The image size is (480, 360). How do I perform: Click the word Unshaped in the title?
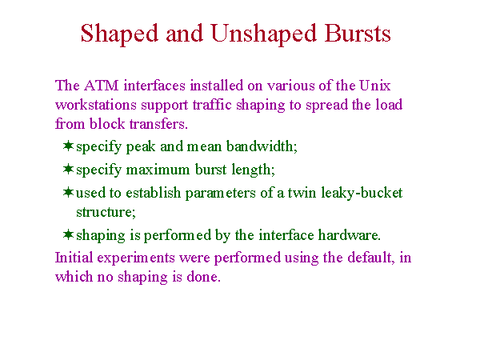point(263,34)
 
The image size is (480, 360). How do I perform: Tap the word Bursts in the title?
point(358,33)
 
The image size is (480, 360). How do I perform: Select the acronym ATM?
point(102,86)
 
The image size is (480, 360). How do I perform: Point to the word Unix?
point(374,86)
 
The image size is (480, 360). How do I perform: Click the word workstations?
point(96,105)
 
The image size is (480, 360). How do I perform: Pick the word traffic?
point(212,105)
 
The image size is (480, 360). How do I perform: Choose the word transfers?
point(158,124)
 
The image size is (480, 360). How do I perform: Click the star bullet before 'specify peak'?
point(68,146)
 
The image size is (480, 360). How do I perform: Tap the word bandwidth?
point(262,146)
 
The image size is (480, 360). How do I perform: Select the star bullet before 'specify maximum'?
point(68,169)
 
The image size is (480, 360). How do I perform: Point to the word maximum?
point(158,170)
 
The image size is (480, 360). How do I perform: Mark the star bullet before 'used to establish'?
point(68,192)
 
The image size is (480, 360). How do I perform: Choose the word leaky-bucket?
point(362,194)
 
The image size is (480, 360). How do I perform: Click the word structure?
point(106,213)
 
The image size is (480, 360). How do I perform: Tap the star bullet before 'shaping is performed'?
point(68,234)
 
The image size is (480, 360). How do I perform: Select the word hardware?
point(350,235)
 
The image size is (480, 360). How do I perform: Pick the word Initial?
point(74,258)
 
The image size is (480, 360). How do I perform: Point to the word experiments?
point(136,258)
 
